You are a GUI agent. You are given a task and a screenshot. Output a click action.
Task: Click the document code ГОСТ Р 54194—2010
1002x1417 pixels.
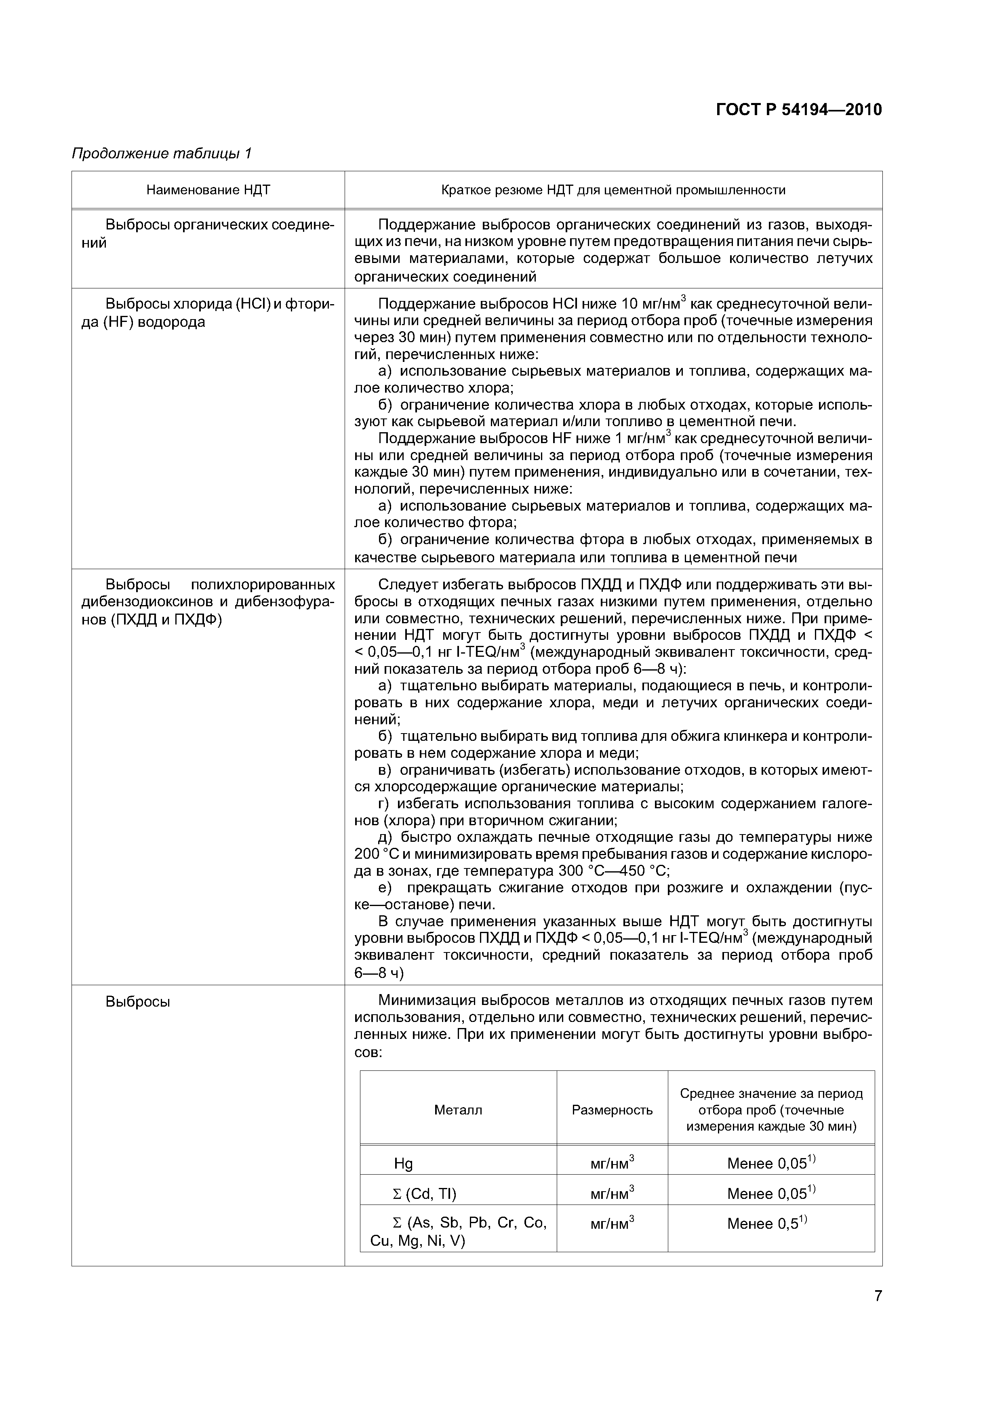point(799,110)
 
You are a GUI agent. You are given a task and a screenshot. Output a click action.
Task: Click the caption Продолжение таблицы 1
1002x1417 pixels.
point(162,153)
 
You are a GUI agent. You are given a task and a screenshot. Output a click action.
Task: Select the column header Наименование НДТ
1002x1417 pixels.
point(208,190)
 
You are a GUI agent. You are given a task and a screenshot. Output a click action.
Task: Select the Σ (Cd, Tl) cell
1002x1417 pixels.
point(425,1194)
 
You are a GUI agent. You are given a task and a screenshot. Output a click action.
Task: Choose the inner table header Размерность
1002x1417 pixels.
point(612,1110)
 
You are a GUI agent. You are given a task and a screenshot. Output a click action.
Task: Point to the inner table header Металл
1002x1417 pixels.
point(458,1110)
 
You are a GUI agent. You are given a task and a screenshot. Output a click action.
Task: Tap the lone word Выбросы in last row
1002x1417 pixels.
point(138,1002)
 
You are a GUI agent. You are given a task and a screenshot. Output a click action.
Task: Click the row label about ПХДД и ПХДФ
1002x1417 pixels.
point(208,602)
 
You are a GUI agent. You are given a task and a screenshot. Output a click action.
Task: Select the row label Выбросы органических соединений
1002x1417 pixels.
point(208,233)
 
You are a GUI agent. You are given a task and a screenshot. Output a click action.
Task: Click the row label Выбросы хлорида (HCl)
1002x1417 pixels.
point(208,313)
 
